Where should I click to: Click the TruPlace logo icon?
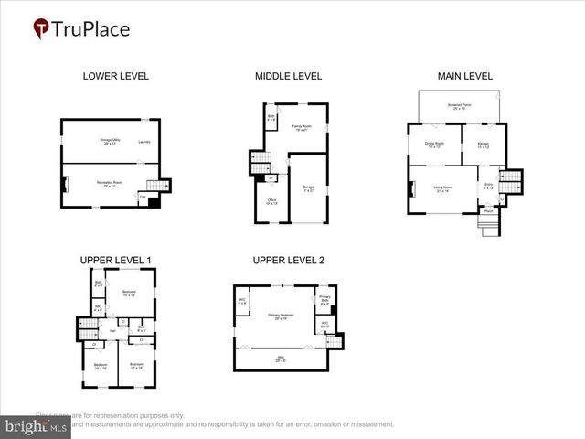41,29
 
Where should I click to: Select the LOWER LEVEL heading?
115,76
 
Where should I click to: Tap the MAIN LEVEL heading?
466,76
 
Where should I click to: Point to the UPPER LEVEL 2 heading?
289,260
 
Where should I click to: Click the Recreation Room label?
111,184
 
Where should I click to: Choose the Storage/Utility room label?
111,141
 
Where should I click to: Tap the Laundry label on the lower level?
144,142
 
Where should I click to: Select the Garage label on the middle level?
308,187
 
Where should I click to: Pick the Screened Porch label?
459,108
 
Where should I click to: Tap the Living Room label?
444,189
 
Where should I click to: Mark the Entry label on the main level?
488,186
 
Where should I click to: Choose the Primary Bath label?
324,298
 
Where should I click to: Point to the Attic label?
281,359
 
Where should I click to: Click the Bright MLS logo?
35,425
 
